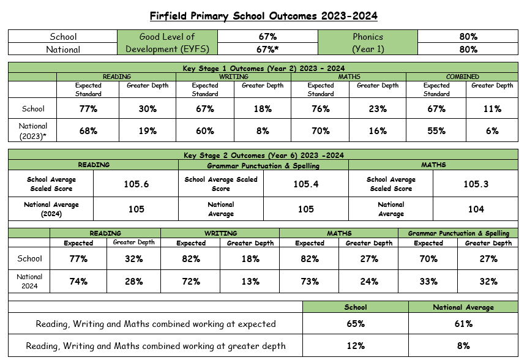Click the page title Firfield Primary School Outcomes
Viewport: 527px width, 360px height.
coord(264,15)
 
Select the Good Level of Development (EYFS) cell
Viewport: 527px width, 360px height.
coord(167,43)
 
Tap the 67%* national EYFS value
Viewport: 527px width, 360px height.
coord(268,50)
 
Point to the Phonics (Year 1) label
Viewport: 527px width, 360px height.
coord(368,43)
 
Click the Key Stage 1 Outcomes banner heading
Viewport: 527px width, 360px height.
coord(264,68)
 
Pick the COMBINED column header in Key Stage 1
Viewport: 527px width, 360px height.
coord(462,77)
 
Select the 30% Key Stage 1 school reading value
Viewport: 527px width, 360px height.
coord(148,109)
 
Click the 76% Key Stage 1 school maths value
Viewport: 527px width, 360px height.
coord(320,109)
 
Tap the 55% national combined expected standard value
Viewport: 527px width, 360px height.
coord(436,130)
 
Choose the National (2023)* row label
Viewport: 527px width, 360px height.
coord(32,130)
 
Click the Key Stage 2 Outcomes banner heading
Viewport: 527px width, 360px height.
coord(264,156)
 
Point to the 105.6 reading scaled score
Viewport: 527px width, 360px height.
coord(136,184)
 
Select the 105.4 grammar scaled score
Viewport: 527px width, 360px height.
coord(306,184)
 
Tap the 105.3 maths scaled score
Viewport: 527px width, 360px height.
coord(476,184)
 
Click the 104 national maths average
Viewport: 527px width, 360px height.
coord(476,209)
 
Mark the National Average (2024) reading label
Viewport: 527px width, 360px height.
coord(51,209)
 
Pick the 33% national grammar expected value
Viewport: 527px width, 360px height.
coord(428,282)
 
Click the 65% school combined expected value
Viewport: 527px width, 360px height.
coord(356,324)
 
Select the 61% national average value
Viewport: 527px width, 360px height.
coord(463,324)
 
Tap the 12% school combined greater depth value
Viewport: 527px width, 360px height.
coord(356,346)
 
